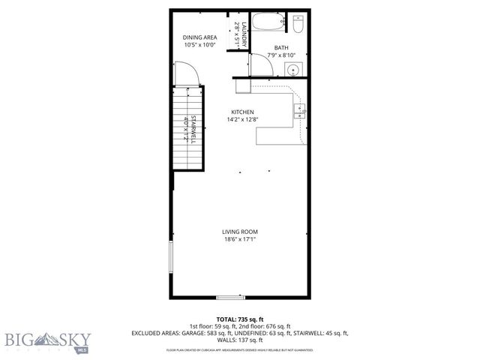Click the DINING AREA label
(x=200, y=37)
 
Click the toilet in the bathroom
(x=298, y=25)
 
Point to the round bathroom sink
(x=292, y=70)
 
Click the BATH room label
(x=280, y=47)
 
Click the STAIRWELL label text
(x=193, y=128)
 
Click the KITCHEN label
(x=242, y=112)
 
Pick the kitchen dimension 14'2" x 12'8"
(x=242, y=119)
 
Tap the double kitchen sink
(x=300, y=111)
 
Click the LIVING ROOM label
(x=239, y=232)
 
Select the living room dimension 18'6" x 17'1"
(x=239, y=239)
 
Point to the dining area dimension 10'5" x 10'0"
(x=200, y=44)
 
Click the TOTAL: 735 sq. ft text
(x=239, y=319)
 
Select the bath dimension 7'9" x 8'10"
(x=280, y=55)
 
